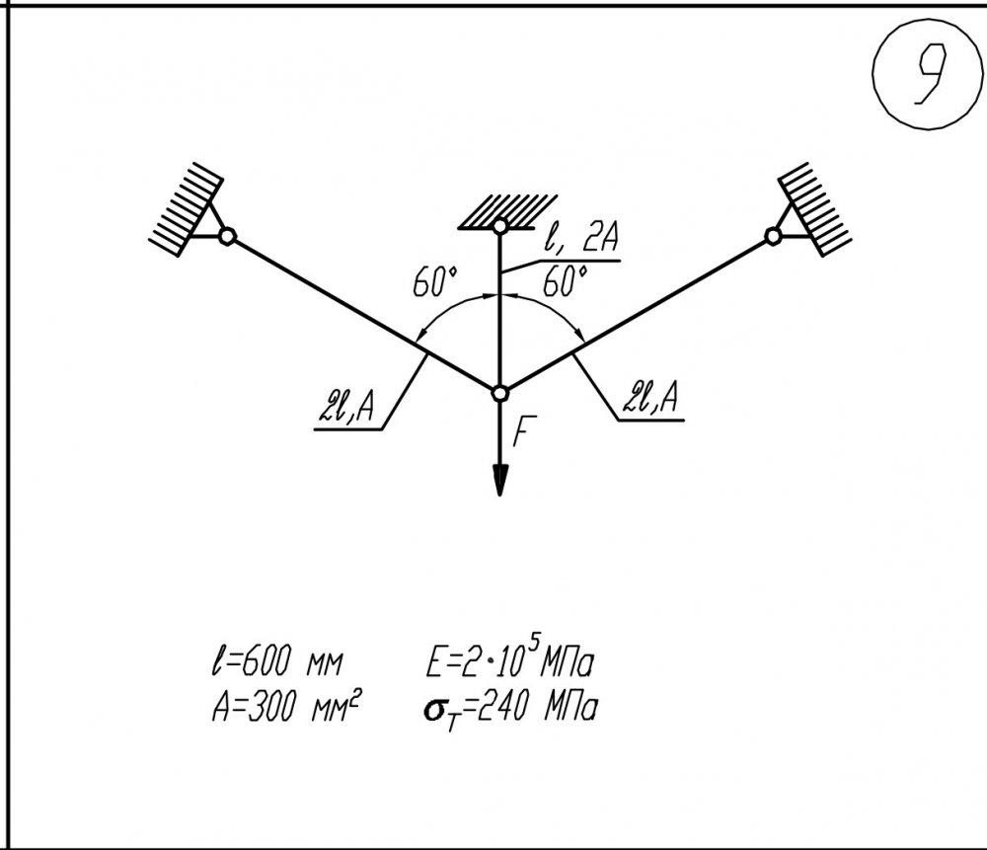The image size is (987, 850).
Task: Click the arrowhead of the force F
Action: [x=499, y=481]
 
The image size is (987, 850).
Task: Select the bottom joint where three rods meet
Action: [x=499, y=394]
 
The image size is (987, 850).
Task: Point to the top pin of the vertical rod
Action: [x=499, y=225]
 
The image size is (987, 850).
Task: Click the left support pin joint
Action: [x=227, y=237]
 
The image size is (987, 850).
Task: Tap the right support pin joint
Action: [x=774, y=236]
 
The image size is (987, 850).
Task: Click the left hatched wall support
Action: [x=187, y=209]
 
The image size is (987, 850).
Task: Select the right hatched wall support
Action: [x=814, y=209]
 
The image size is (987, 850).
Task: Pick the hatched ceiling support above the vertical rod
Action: [x=507, y=211]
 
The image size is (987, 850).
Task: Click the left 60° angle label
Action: [x=435, y=281]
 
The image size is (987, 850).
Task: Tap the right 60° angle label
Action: [x=566, y=280]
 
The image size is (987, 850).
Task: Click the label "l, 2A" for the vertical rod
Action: [x=580, y=238]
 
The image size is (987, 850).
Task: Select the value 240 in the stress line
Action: [x=502, y=709]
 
